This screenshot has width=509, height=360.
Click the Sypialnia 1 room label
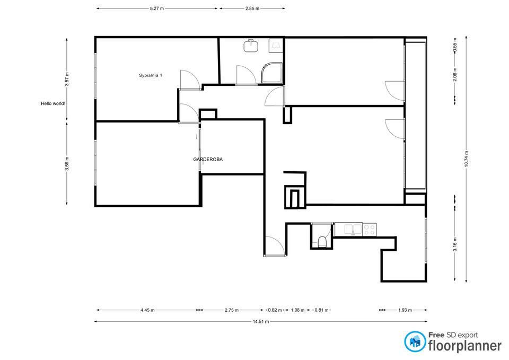coord(151,75)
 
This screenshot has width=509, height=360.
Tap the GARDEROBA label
coord(208,160)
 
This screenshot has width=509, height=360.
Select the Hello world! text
coord(53,103)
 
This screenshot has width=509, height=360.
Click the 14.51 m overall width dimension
coord(261,322)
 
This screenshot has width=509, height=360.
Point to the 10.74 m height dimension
coord(467,159)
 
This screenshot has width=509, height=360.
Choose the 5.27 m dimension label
coord(157,9)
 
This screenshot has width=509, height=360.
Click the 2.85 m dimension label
coord(252,9)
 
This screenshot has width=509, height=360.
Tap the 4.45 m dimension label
coord(148,310)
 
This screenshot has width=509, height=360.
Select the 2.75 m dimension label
coord(232,310)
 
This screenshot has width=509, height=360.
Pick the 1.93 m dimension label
coord(405,310)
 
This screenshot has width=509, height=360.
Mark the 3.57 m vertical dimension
coord(67,79)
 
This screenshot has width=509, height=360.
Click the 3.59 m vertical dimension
coord(67,163)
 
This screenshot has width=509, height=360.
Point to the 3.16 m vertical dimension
coord(455,244)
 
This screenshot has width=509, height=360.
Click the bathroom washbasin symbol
coord(251,46)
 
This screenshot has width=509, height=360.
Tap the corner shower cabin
coord(272,73)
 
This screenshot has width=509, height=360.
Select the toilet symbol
coord(322,241)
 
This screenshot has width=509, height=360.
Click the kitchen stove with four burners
coord(370,230)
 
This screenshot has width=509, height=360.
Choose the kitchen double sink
coord(349,229)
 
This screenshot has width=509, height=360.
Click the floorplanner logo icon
coord(415,341)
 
